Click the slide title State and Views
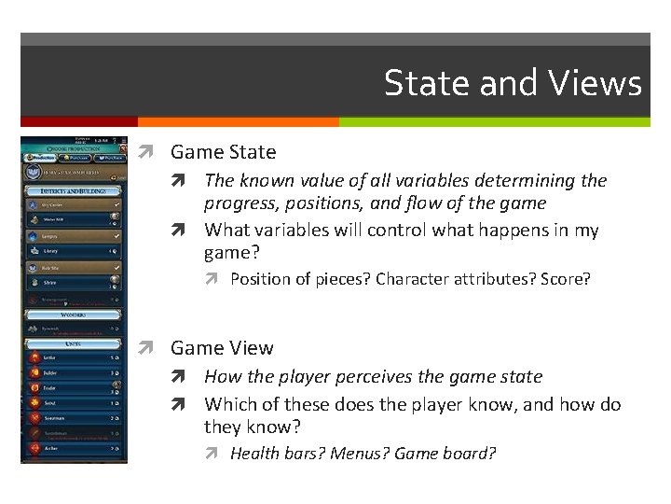513,83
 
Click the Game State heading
223,151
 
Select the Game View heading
222,348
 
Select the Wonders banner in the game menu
74,315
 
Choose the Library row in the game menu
74,251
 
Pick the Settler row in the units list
74,357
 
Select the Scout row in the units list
74,403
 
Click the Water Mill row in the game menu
74,221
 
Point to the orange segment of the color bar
238,122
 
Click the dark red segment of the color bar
79,122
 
